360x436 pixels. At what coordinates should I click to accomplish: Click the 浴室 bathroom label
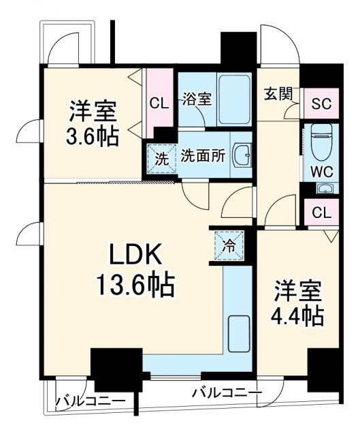[x=197, y=99]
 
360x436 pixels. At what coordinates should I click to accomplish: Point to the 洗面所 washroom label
[x=202, y=155]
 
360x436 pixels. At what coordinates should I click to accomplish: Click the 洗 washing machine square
[x=161, y=160]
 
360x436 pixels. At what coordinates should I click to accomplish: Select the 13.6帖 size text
[x=137, y=285]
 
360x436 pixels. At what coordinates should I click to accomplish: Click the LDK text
[x=136, y=255]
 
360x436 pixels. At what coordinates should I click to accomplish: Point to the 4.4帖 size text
[x=297, y=315]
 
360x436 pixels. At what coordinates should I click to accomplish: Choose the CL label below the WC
[x=321, y=213]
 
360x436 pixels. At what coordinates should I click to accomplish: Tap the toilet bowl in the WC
[x=319, y=140]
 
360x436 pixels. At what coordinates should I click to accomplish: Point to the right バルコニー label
[x=226, y=392]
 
